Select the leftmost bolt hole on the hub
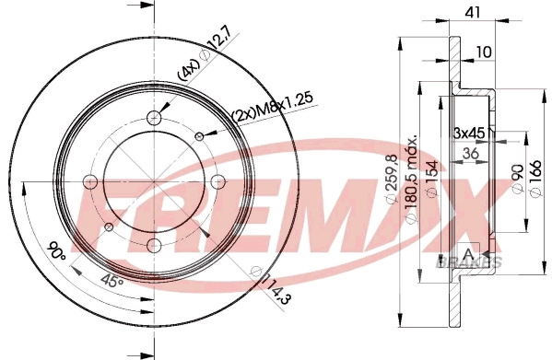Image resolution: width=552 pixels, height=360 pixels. (x=89, y=180)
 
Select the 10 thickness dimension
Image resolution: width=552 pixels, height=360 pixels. (x=482, y=53)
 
